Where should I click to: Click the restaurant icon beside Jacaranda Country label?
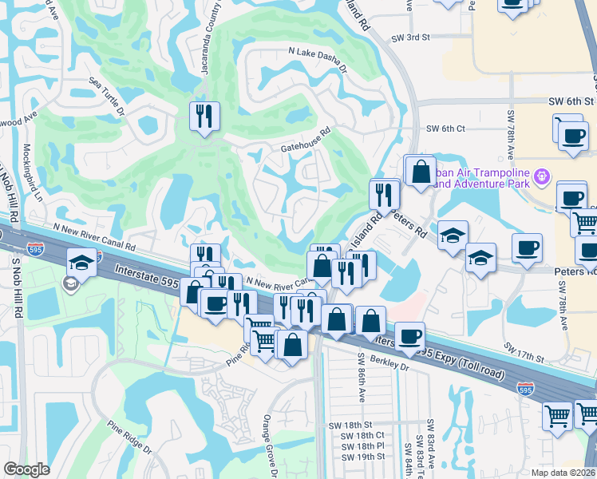pyautogui.click(x=204, y=117)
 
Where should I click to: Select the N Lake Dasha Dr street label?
pyautogui.click(x=318, y=58)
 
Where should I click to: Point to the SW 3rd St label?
pyautogui.click(x=410, y=38)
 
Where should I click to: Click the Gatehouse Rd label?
pyautogui.click(x=305, y=141)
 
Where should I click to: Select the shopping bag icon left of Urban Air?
pyautogui.click(x=420, y=171)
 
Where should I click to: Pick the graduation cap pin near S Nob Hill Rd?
pyautogui.click(x=82, y=263)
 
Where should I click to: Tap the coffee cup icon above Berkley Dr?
pyautogui.click(x=409, y=338)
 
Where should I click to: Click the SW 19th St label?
pyautogui.click(x=368, y=457)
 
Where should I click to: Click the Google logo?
pyautogui.click(x=26, y=469)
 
